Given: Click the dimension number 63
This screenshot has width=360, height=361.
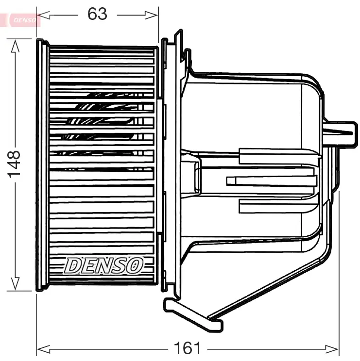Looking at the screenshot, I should pos(97,14).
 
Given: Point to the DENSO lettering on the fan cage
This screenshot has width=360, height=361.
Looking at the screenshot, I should pos(104,265).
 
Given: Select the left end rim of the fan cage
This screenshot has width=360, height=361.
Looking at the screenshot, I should pos(43,165).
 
